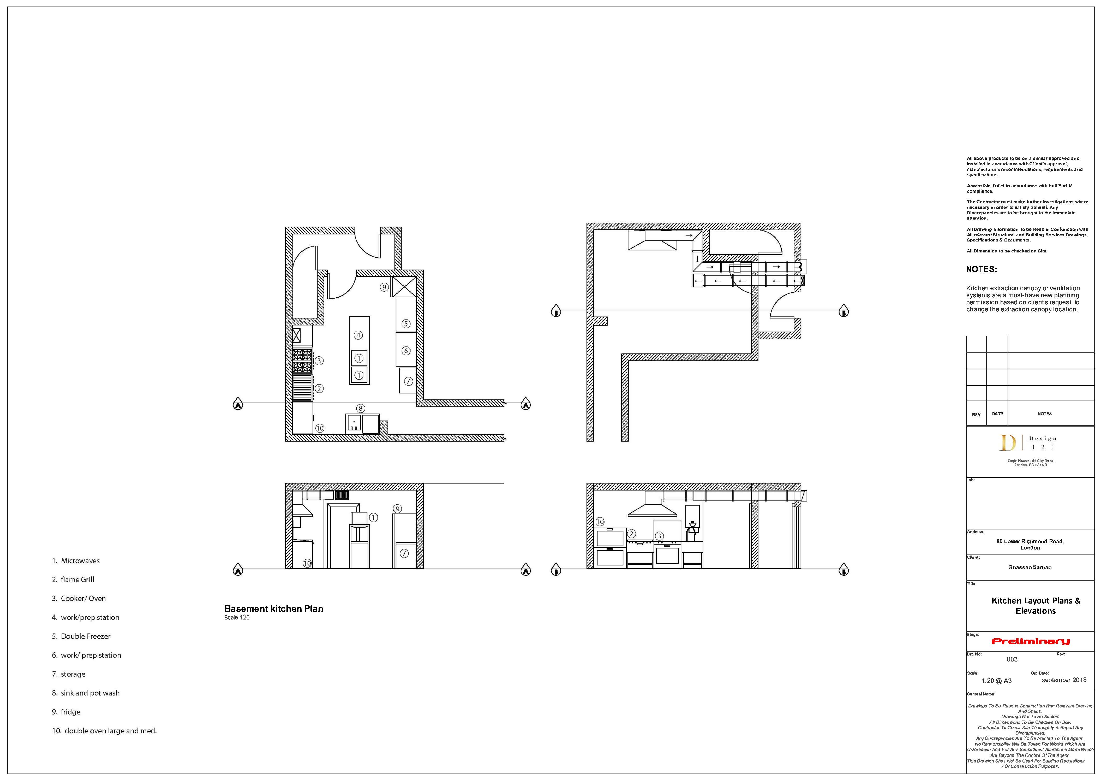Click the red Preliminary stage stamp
[1030, 641]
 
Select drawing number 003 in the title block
[1012, 659]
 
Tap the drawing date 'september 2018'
[1064, 680]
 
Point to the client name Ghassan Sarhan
[1030, 567]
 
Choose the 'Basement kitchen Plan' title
[273, 609]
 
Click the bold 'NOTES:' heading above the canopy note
[981, 269]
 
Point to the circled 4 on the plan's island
[358, 335]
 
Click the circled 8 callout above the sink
[361, 408]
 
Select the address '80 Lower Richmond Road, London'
[1030, 544]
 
